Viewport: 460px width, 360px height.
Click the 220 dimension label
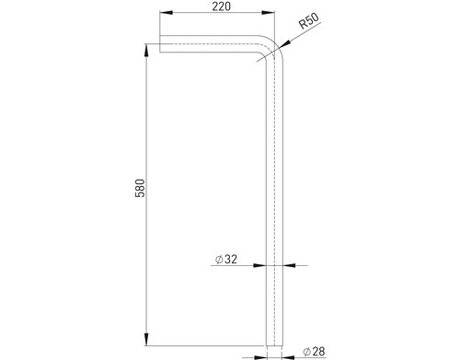(x=221, y=6)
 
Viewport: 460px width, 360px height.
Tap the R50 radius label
(x=309, y=21)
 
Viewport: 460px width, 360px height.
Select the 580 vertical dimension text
(x=140, y=188)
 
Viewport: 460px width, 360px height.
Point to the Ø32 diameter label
(x=226, y=260)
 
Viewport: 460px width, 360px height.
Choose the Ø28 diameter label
(x=314, y=352)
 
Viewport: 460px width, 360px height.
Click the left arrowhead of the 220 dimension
(x=166, y=13)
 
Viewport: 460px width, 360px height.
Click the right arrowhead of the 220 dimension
(x=268, y=13)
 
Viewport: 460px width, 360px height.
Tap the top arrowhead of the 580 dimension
(x=146, y=50)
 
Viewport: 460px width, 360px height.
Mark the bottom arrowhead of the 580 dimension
(x=146, y=339)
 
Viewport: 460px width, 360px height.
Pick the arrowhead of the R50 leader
(x=284, y=44)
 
